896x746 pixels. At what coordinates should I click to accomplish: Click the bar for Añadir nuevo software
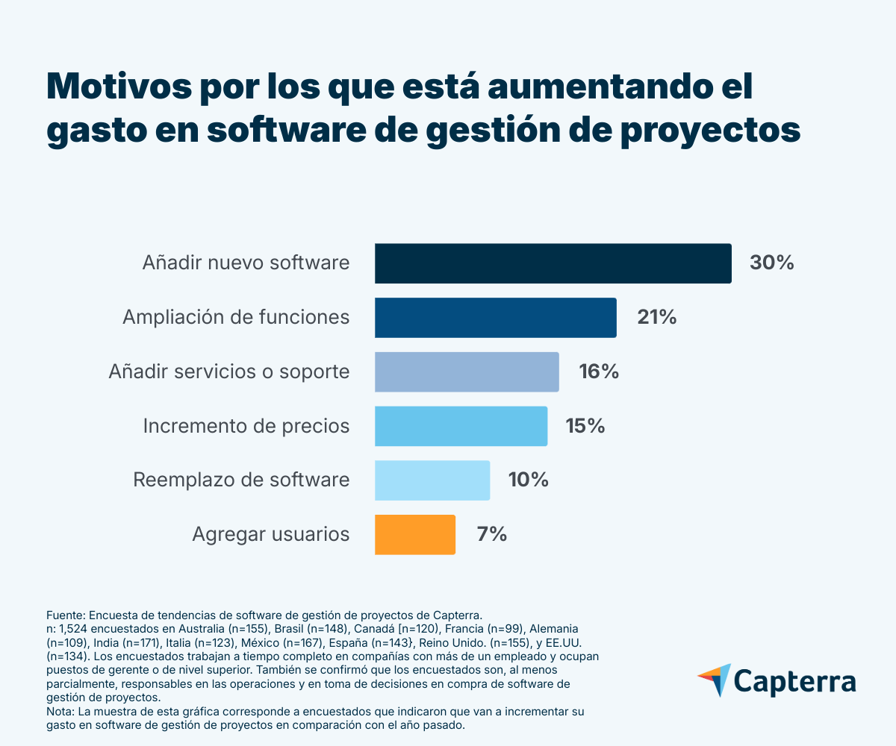[553, 263]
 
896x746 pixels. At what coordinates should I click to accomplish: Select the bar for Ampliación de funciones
[495, 318]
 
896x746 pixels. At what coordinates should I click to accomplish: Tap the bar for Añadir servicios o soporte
[467, 372]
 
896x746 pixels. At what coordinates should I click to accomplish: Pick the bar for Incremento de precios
[461, 426]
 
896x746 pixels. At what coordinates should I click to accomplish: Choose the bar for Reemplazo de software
[432, 480]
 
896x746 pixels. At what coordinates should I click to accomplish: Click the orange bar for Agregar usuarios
[415, 534]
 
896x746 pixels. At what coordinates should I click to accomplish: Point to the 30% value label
[771, 263]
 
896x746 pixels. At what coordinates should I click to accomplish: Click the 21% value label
[657, 318]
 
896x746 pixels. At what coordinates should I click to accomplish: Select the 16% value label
[599, 372]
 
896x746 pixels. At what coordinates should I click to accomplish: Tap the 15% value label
[585, 426]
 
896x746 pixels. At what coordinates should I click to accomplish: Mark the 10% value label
[529, 480]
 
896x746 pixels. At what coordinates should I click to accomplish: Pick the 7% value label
[491, 534]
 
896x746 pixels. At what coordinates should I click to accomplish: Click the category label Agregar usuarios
[271, 534]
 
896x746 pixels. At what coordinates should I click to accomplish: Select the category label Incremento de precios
[246, 426]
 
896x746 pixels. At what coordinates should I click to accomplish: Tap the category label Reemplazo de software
[241, 480]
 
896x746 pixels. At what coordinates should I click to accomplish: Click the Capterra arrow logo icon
[715, 680]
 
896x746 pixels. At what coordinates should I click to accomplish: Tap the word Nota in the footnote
[59, 712]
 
